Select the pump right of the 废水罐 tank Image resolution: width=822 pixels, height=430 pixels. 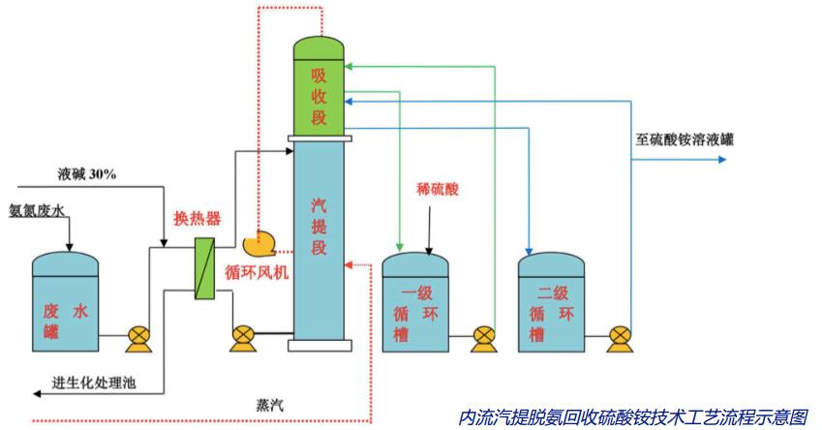click(137, 338)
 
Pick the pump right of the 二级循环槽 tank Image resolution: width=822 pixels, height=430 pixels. click(619, 338)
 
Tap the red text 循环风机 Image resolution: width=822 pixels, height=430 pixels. click(257, 272)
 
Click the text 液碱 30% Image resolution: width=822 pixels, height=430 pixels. click(87, 174)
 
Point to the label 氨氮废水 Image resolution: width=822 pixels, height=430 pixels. click(41, 208)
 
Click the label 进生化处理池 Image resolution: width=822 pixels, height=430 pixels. click(93, 383)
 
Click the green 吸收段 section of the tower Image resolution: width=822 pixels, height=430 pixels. click(319, 97)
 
